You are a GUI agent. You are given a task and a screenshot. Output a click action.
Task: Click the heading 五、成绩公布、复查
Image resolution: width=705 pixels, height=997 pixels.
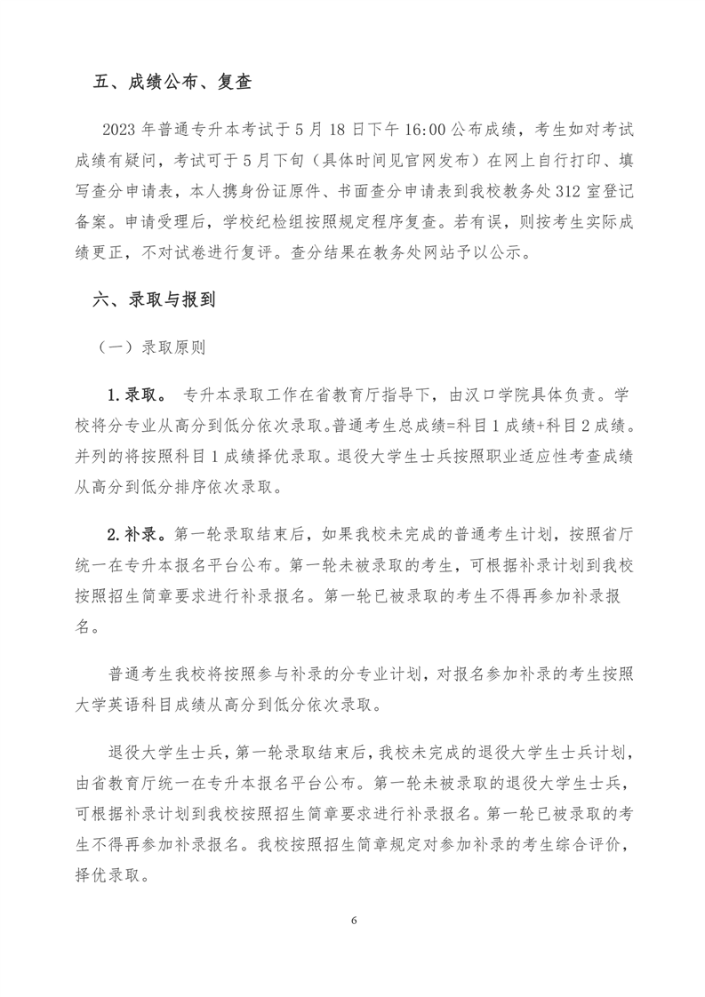pos(172,84)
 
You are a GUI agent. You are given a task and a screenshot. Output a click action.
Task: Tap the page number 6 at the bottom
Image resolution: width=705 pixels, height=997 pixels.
pos(353,920)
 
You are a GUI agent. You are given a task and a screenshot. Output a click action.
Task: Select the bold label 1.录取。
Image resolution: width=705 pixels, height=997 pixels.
pos(135,395)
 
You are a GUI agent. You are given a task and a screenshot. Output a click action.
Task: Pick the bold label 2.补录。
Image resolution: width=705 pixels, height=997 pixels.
pos(135,535)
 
